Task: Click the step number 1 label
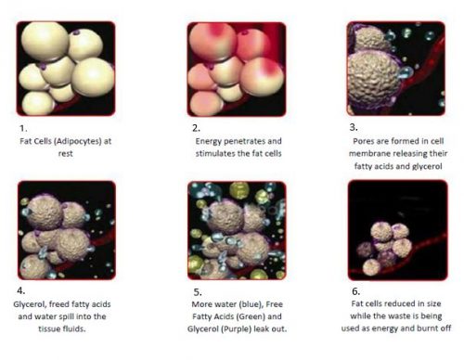pos(23,128)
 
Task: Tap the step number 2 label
pos(196,128)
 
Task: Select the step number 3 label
pos(354,127)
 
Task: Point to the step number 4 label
pos(21,290)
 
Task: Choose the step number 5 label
pos(198,292)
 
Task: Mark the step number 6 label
pos(356,291)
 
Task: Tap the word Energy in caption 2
pos(208,141)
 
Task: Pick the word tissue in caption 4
pos(47,328)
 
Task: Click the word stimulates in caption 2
pos(217,153)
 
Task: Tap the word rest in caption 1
pos(66,154)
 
